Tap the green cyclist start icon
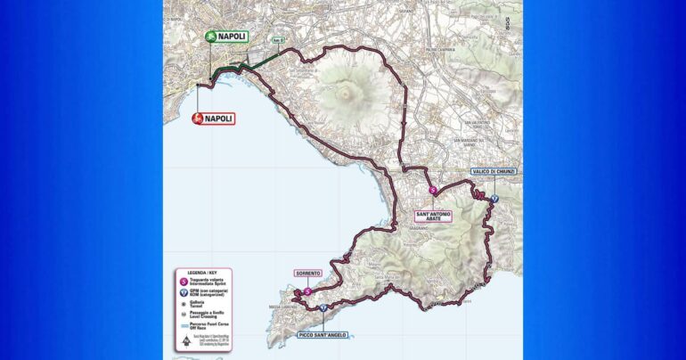click(x=210, y=37)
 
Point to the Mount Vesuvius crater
click(x=350, y=91)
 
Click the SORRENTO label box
click(x=307, y=274)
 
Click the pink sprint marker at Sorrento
click(x=307, y=290)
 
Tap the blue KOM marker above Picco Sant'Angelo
click(x=323, y=308)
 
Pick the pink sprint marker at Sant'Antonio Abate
click(x=434, y=191)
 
